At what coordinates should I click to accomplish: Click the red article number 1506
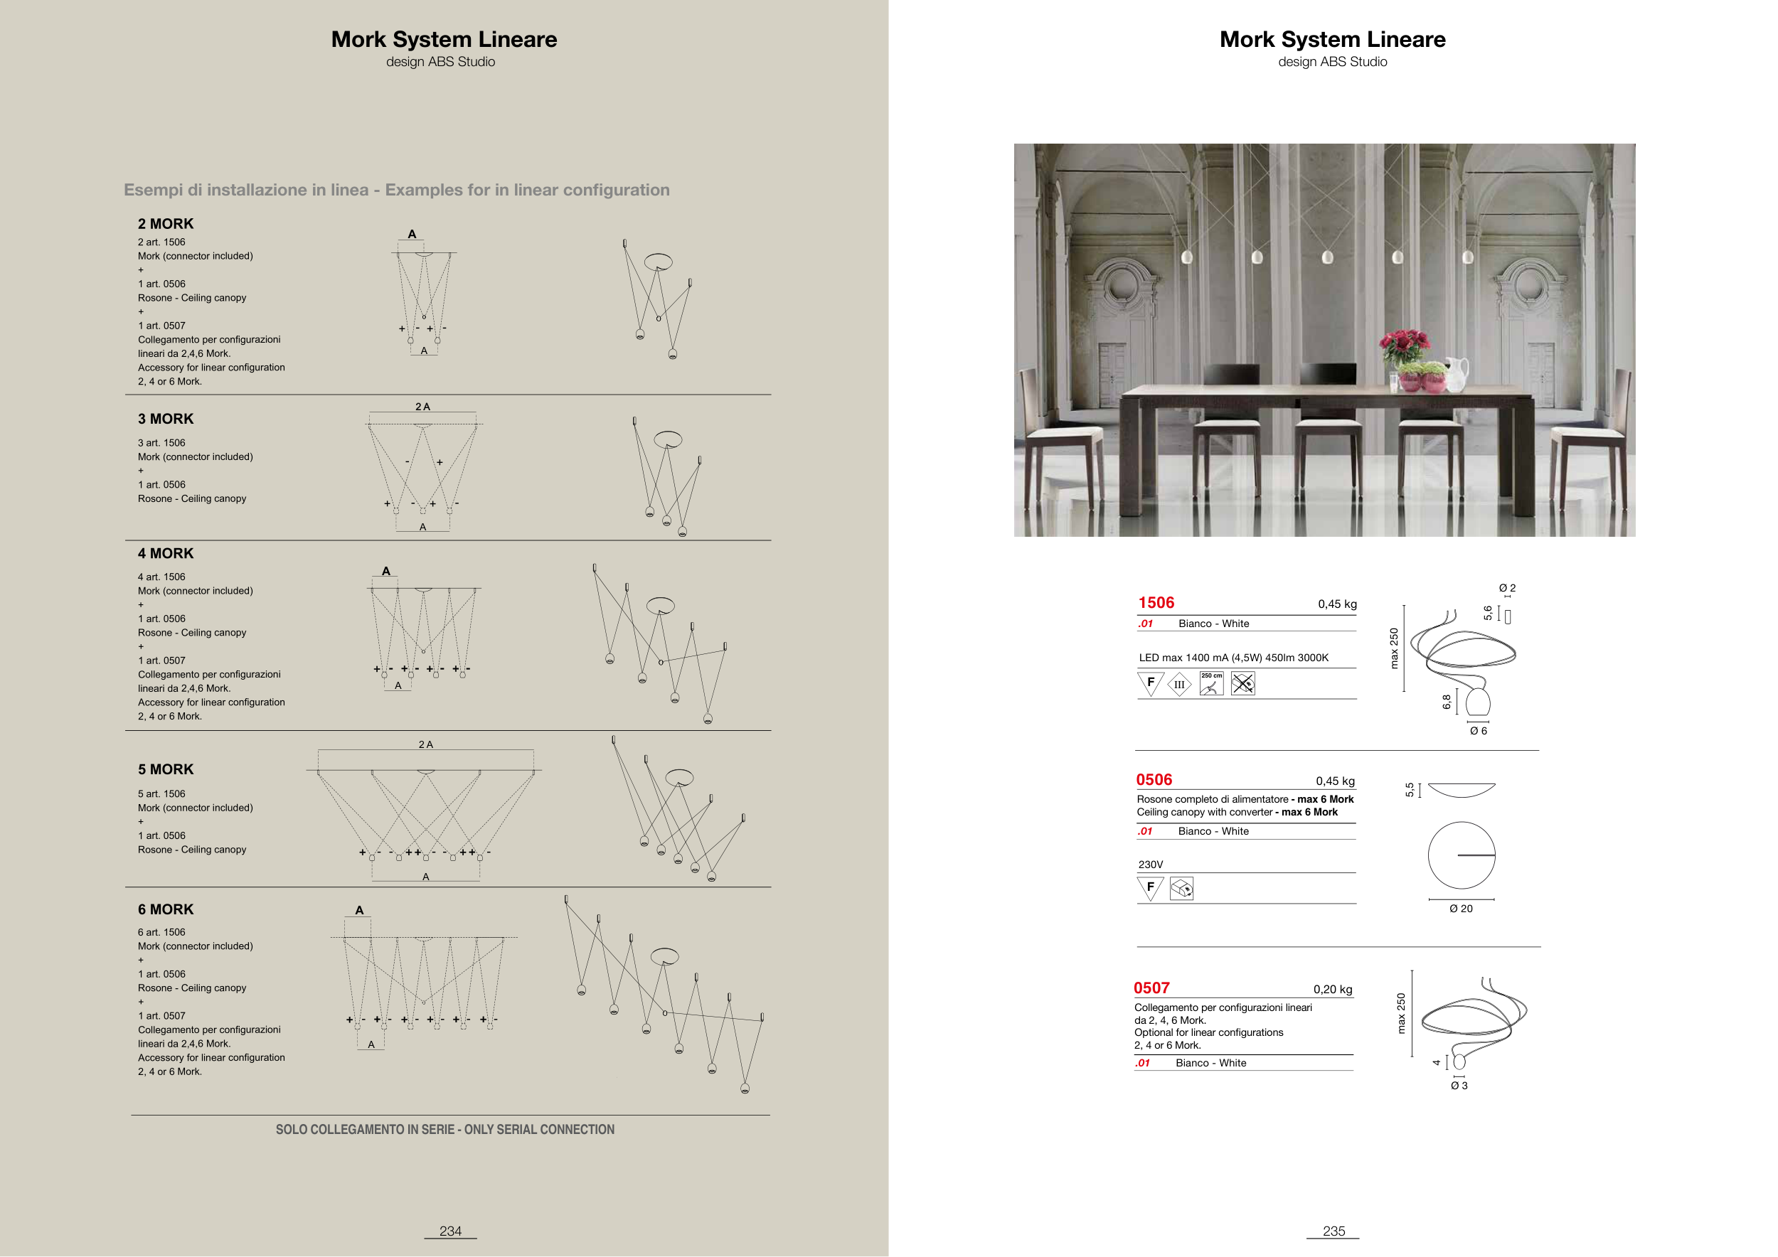tap(1156, 603)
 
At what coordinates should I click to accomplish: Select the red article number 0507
tap(1151, 988)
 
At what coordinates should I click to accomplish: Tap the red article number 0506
tap(1154, 780)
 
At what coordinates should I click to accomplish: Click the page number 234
tap(450, 1231)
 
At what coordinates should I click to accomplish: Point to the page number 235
tap(1333, 1231)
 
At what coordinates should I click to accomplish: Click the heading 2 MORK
tap(166, 225)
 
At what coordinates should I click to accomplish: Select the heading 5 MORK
tap(166, 770)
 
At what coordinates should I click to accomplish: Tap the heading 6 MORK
tap(166, 910)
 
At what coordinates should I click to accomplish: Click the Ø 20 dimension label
tap(1461, 909)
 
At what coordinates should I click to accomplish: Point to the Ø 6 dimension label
tap(1478, 732)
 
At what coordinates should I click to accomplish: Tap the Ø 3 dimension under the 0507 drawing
tap(1459, 1086)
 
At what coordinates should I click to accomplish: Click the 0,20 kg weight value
tap(1333, 990)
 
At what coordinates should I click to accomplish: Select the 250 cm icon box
tap(1211, 683)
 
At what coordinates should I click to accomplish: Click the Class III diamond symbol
tap(1179, 684)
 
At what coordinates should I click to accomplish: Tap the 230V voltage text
tap(1151, 865)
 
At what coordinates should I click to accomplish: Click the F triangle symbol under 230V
tap(1150, 888)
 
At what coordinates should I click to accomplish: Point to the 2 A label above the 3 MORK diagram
tap(423, 407)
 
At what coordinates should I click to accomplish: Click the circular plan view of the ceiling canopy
tap(1462, 855)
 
